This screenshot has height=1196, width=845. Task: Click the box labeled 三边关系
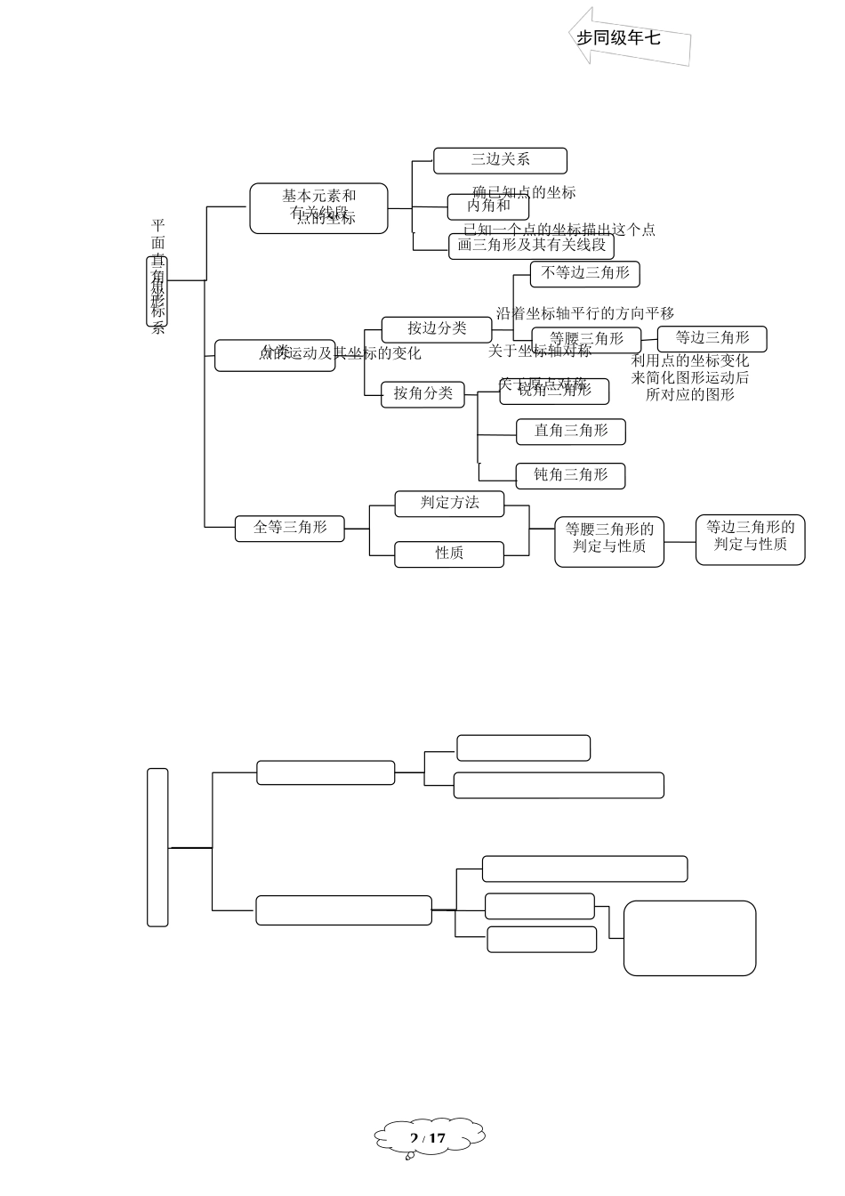click(x=500, y=160)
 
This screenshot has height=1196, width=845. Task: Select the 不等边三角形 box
click(x=584, y=273)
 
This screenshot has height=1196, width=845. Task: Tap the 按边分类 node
click(x=436, y=328)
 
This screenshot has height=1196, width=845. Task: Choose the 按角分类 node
click(x=422, y=393)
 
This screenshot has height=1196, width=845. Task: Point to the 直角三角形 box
click(x=570, y=431)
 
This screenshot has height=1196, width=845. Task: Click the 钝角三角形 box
click(x=570, y=475)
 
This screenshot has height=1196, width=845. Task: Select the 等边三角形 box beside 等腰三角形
click(x=712, y=338)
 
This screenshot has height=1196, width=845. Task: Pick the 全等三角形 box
click(x=289, y=528)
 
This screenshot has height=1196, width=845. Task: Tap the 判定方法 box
click(x=449, y=503)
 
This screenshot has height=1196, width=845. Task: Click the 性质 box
click(x=449, y=553)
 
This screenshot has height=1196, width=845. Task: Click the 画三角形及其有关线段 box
click(x=531, y=246)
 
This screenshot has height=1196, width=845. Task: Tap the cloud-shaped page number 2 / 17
click(x=429, y=1137)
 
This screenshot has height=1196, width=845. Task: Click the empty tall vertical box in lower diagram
click(x=157, y=846)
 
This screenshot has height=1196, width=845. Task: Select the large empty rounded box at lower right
click(x=689, y=938)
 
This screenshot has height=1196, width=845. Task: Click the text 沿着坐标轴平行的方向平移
click(x=585, y=313)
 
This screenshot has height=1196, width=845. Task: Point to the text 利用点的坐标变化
click(x=690, y=360)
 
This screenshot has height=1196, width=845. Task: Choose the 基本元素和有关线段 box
click(x=318, y=207)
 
